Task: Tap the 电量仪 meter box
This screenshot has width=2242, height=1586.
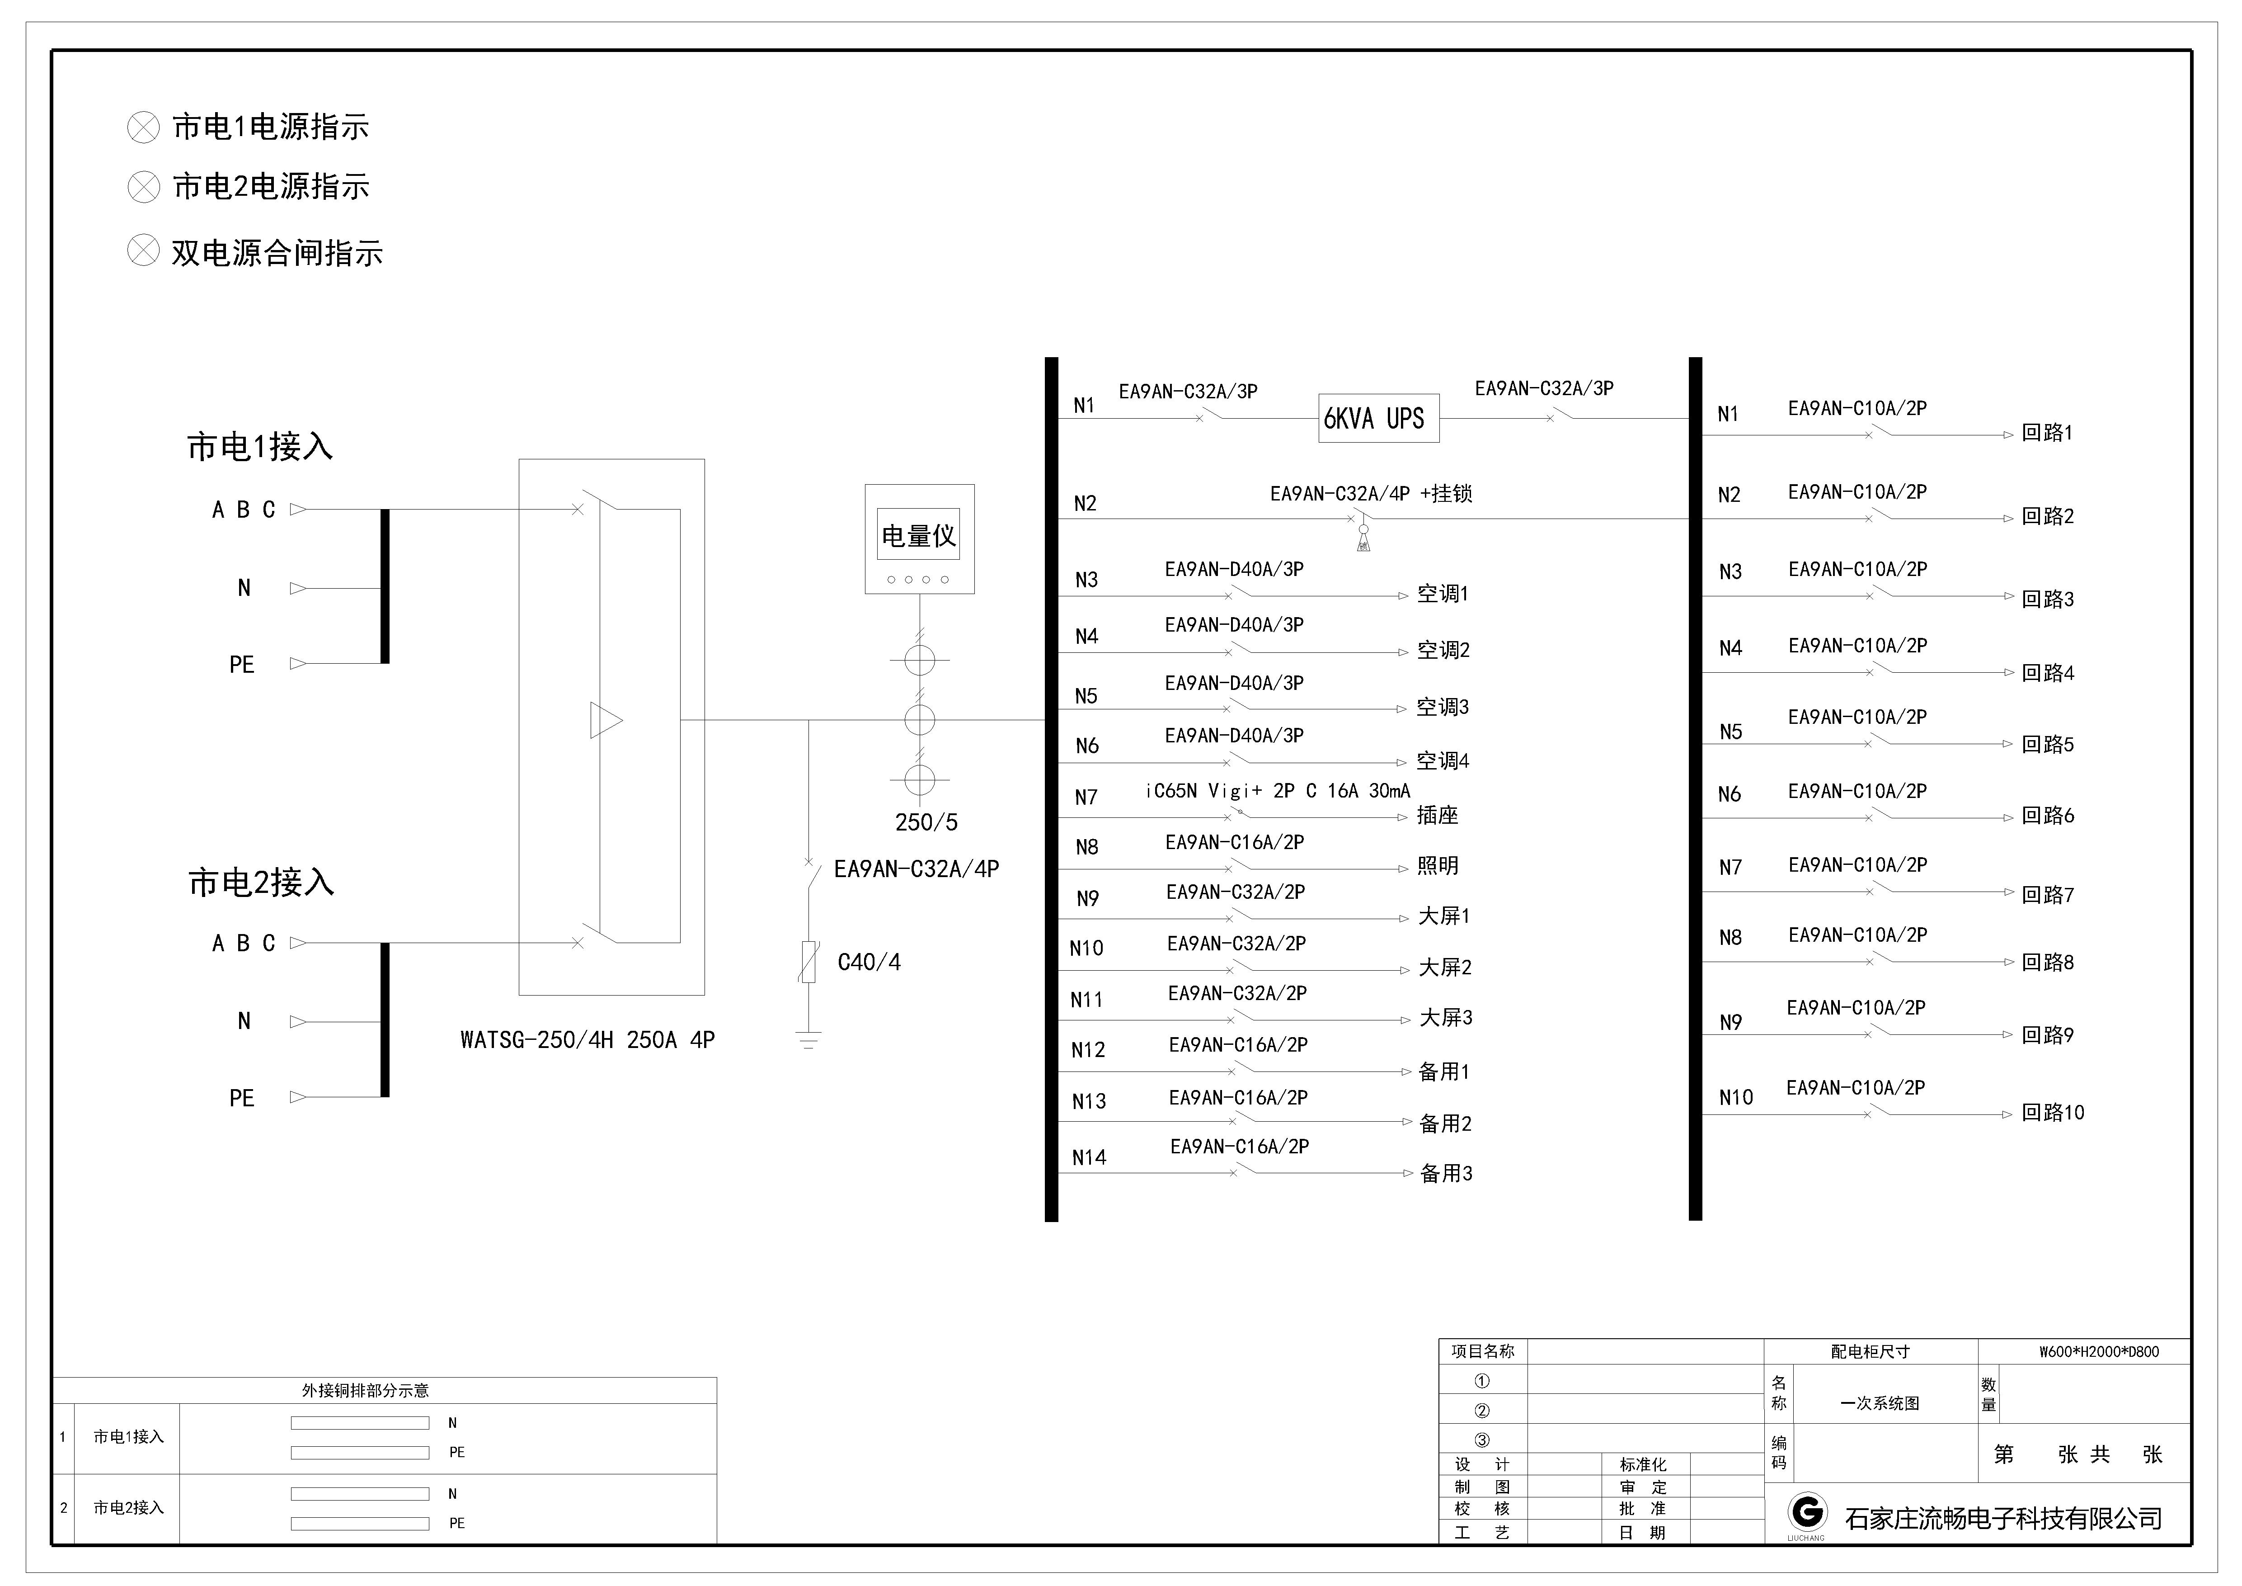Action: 919,539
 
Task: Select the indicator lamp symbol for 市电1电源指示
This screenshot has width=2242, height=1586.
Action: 144,127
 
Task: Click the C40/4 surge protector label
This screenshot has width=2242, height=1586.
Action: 869,962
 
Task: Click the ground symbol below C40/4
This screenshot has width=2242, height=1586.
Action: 808,1039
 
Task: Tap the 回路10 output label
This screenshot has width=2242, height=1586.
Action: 2053,1112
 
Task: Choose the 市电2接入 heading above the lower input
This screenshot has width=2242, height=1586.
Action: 261,883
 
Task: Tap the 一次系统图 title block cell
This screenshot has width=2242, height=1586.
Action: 1880,1403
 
